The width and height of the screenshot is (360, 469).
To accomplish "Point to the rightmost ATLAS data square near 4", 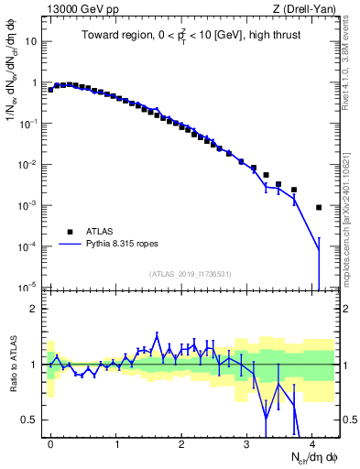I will click(x=319, y=208).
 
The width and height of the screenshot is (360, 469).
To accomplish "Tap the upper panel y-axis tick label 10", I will click(x=32, y=41).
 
